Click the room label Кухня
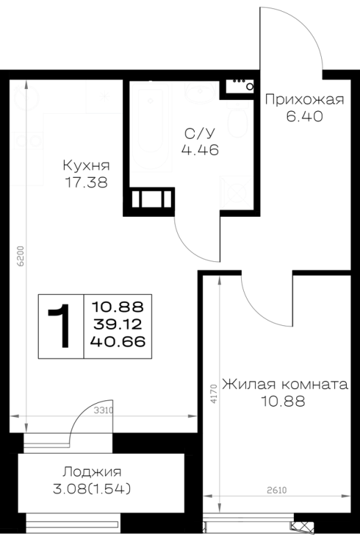[86, 165]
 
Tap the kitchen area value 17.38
[86, 183]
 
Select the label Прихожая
[304, 99]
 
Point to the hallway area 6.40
[304, 116]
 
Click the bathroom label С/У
[199, 133]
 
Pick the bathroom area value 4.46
[199, 150]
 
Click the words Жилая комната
[285, 384]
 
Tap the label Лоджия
[92, 473]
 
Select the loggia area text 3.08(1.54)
[92, 489]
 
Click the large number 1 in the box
[60, 326]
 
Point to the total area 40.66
[117, 342]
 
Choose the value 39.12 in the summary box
[117, 324]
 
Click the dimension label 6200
[22, 256]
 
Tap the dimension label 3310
[104, 411]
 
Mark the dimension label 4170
[213, 393]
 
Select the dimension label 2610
[277, 491]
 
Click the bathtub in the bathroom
[150, 126]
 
